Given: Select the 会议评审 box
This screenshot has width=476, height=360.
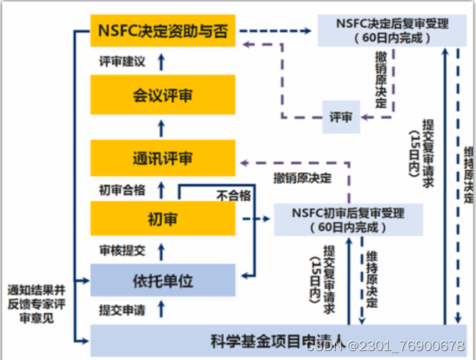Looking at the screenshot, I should click(x=162, y=95).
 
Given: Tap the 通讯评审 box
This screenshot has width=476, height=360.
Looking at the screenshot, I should click(x=162, y=158).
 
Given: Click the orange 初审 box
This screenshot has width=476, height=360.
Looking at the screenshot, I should click(x=162, y=220).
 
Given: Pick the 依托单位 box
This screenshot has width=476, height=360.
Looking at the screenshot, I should click(x=162, y=281).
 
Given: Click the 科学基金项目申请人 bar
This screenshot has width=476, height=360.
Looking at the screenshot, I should click(x=277, y=342).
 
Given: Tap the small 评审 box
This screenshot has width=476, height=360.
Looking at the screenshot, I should click(x=341, y=117).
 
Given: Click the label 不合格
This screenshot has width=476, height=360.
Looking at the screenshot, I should click(x=233, y=196).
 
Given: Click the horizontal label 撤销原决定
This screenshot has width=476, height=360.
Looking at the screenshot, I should click(x=302, y=178).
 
